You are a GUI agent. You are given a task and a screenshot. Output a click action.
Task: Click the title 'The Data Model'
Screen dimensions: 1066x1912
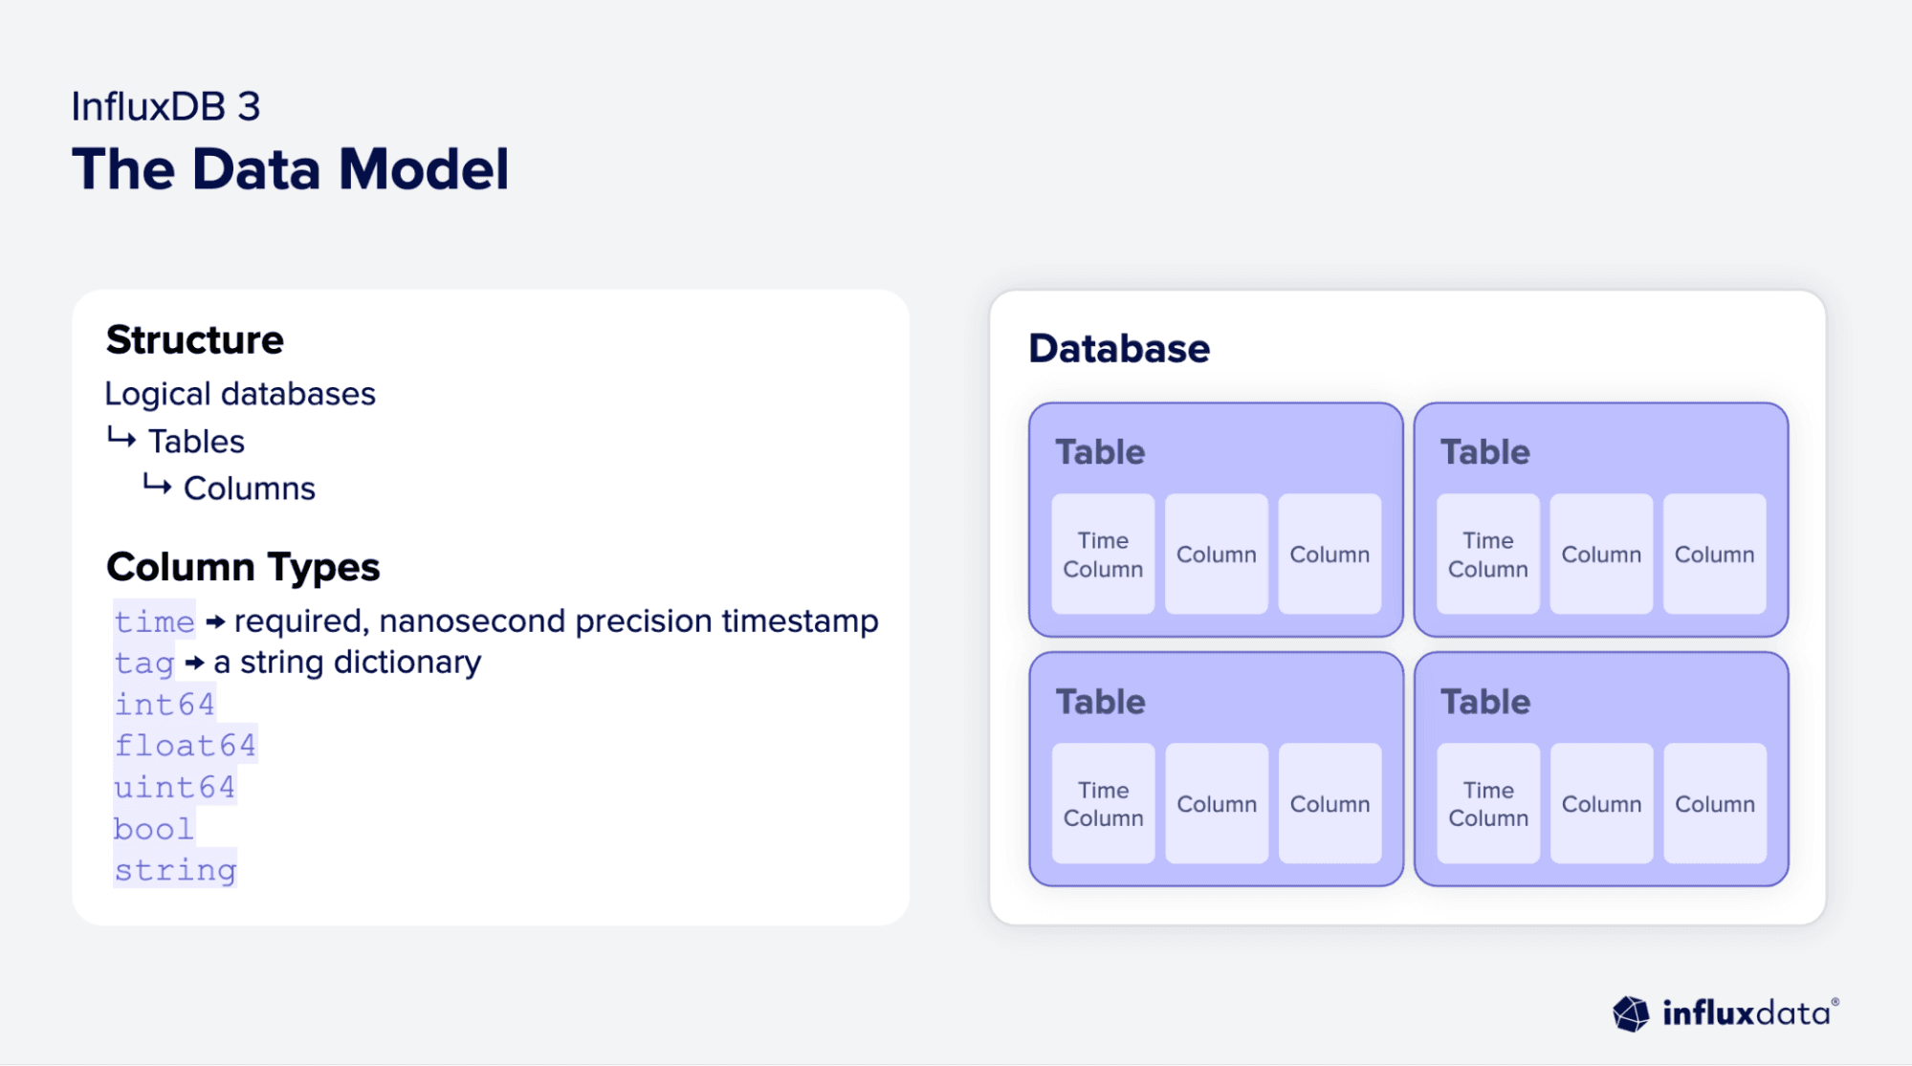click(290, 169)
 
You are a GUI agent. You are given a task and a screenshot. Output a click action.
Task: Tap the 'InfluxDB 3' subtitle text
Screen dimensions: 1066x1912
click(165, 106)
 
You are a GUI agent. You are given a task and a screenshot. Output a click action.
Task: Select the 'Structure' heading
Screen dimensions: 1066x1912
click(194, 339)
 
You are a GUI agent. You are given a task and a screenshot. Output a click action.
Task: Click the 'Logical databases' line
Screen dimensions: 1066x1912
click(239, 394)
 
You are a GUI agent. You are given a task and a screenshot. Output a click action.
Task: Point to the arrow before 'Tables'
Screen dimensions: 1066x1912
click(121, 439)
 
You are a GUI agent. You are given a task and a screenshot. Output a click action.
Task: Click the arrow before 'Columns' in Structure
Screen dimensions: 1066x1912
click(157, 486)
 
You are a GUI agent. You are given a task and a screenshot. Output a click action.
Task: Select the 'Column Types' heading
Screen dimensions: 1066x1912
click(243, 567)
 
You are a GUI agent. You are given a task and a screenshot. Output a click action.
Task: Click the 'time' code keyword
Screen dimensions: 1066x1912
click(154, 621)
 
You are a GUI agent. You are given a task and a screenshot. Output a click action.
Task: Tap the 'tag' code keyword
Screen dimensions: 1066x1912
click(144, 663)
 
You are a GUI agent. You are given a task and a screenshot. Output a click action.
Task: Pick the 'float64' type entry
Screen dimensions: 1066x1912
click(185, 745)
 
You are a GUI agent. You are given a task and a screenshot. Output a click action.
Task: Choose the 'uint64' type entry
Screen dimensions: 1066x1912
click(174, 787)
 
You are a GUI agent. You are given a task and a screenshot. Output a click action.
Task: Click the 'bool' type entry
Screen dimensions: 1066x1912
click(153, 828)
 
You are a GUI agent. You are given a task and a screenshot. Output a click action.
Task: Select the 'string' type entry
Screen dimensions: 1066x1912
click(175, 870)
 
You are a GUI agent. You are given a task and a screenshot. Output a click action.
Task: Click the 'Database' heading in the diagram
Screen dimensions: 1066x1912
click(1118, 349)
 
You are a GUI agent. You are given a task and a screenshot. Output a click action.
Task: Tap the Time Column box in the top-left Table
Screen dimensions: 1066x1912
click(1103, 555)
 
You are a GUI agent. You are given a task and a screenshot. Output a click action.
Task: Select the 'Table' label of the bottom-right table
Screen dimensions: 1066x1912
click(1484, 702)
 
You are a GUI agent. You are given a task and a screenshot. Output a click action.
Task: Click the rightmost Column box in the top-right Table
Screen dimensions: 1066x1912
click(1714, 555)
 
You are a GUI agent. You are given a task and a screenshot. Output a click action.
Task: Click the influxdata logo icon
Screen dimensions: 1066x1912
click(1631, 1013)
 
